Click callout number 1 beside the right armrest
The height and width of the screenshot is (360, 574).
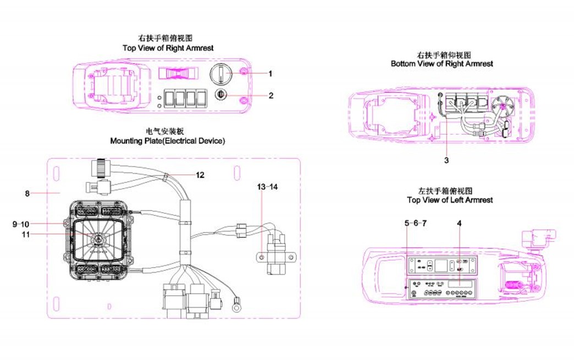point(271,73)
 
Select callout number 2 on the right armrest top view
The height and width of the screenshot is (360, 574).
point(271,95)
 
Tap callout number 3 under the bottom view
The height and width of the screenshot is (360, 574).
point(446,160)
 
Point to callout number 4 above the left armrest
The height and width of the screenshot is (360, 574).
point(459,223)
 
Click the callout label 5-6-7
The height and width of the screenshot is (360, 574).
point(415,223)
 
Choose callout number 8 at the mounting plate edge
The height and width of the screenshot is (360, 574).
point(27,193)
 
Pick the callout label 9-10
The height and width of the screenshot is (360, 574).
point(22,224)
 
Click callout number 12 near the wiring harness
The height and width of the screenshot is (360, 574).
point(200,175)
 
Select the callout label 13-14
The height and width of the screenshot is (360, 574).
point(268,187)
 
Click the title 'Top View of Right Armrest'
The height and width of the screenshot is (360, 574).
point(168,48)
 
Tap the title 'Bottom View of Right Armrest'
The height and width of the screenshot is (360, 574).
point(441,64)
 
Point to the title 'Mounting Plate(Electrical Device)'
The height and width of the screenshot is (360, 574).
point(167,141)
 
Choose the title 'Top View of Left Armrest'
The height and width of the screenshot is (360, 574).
point(449,200)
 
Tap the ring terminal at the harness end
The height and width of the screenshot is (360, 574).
point(238,303)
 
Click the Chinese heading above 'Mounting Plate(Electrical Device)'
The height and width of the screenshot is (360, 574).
point(167,132)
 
